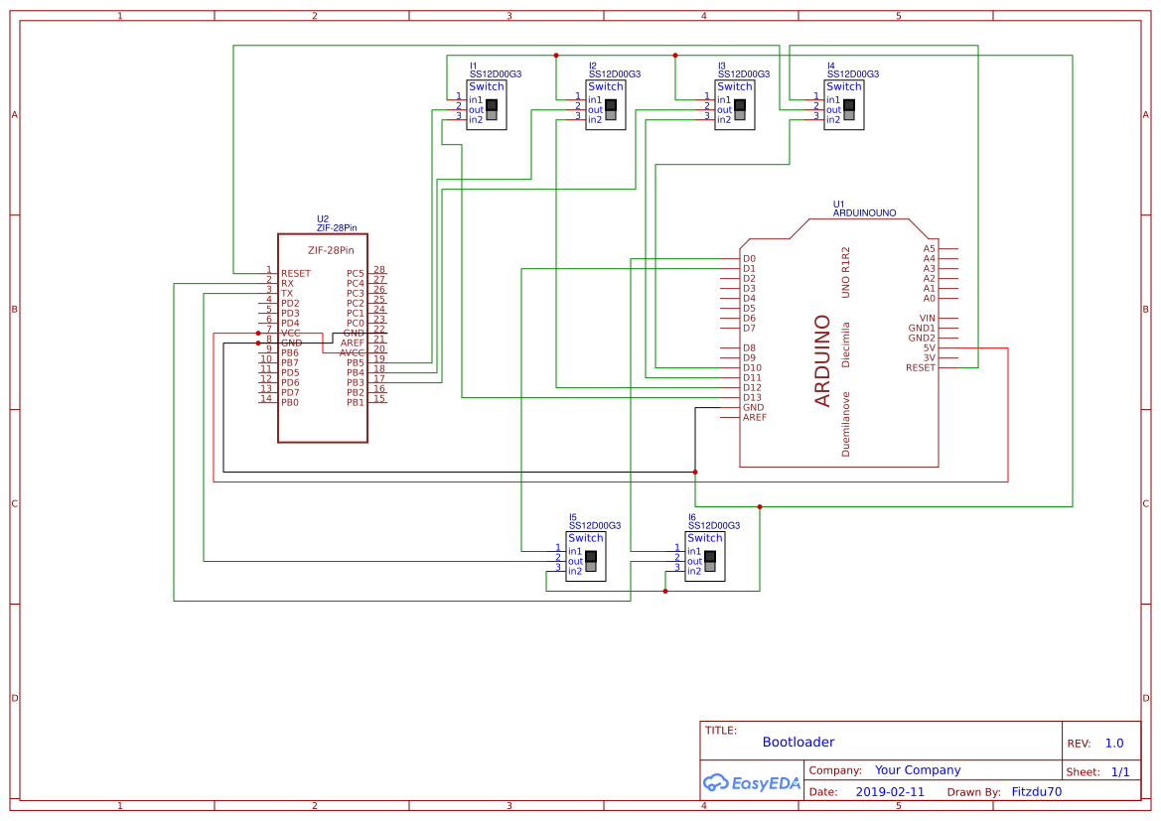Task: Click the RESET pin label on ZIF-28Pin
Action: pos(296,273)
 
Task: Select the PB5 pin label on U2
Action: pos(356,362)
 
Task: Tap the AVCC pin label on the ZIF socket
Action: pos(353,352)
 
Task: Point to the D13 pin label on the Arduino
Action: pos(752,397)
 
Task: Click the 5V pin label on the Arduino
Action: pos(929,347)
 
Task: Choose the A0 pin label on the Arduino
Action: pos(929,298)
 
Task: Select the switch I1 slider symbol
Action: pos(492,109)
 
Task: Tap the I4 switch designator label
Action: pos(830,65)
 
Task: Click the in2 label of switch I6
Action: pos(694,571)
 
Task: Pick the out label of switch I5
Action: pos(575,561)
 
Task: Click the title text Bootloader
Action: pos(798,742)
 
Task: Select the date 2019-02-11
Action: pos(890,792)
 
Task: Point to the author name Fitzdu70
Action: pos(1036,792)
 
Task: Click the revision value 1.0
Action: pos(1114,743)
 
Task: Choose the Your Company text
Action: pos(918,769)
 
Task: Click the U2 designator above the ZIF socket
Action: pos(323,218)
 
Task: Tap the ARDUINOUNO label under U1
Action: pos(864,213)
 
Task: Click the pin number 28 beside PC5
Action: pos(378,269)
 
